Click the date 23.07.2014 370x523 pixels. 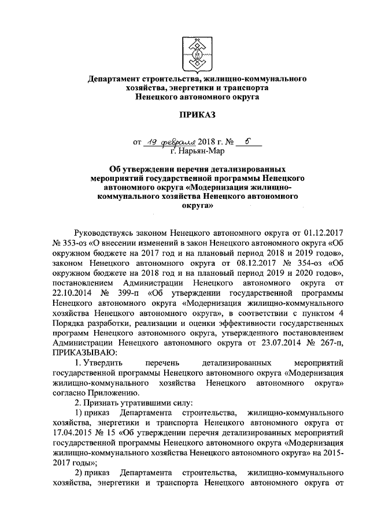point(277,344)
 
